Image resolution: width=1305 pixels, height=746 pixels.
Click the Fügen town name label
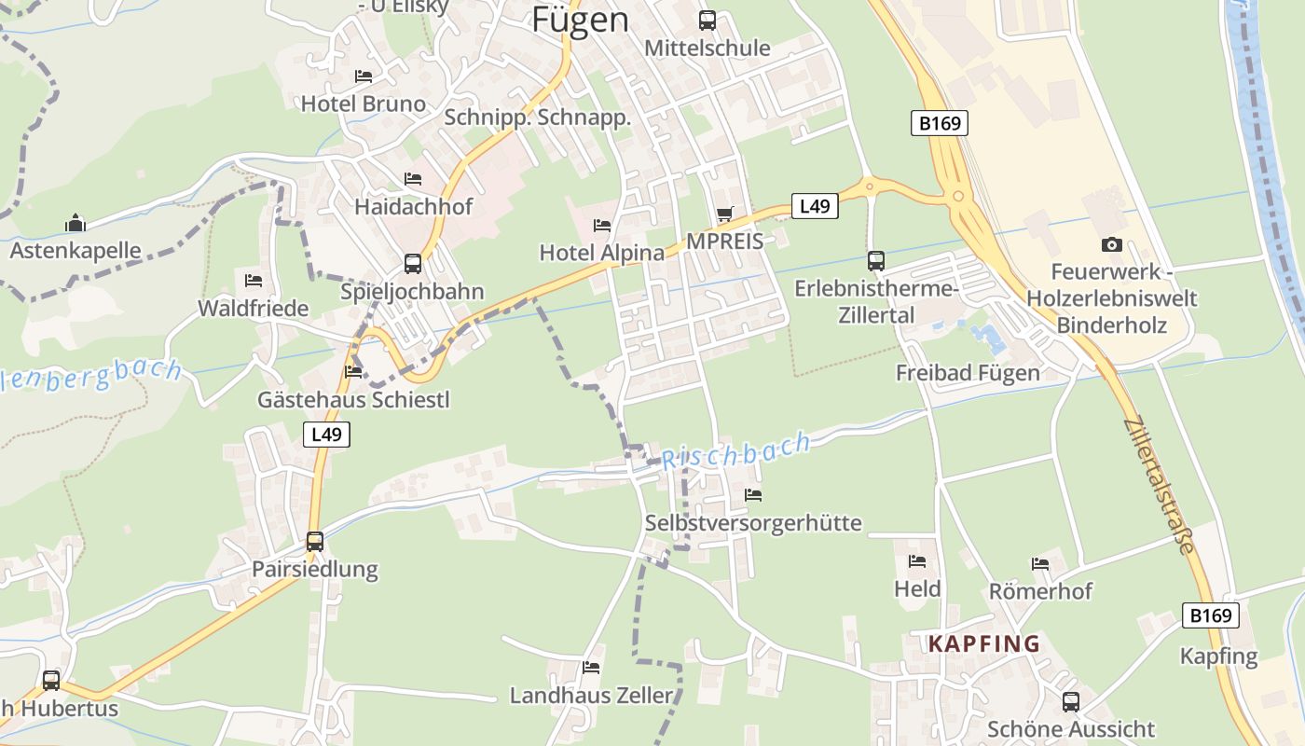click(x=580, y=20)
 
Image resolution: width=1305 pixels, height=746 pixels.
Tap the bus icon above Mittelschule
click(x=707, y=20)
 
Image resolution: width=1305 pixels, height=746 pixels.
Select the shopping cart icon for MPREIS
click(x=724, y=214)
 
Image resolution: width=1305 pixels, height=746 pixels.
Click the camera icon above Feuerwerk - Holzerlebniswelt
click(x=1111, y=244)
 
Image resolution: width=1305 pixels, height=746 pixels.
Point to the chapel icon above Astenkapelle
click(x=76, y=223)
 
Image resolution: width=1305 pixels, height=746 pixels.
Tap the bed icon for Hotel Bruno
click(x=364, y=76)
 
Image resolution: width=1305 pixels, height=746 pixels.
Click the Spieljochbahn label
click(x=412, y=292)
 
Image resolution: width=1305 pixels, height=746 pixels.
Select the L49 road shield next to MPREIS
click(x=815, y=206)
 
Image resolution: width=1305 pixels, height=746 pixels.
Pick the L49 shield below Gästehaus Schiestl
click(x=326, y=434)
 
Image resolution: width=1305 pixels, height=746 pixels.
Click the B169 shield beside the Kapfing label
click(x=1211, y=615)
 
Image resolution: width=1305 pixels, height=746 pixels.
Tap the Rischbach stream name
click(x=735, y=451)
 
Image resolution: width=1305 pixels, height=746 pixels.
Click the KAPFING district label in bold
click(x=983, y=643)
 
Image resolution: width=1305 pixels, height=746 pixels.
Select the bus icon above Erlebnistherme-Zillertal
click(x=875, y=260)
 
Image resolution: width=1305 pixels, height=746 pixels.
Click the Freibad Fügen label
click(x=968, y=373)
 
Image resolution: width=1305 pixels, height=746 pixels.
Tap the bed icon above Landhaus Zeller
click(x=591, y=668)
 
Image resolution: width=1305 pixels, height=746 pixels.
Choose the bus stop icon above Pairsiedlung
click(x=315, y=541)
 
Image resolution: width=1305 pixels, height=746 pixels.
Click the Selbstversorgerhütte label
click(x=753, y=523)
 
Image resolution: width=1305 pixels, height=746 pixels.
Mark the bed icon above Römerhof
click(x=1040, y=563)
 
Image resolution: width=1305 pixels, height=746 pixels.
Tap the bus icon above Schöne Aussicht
click(x=1071, y=701)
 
